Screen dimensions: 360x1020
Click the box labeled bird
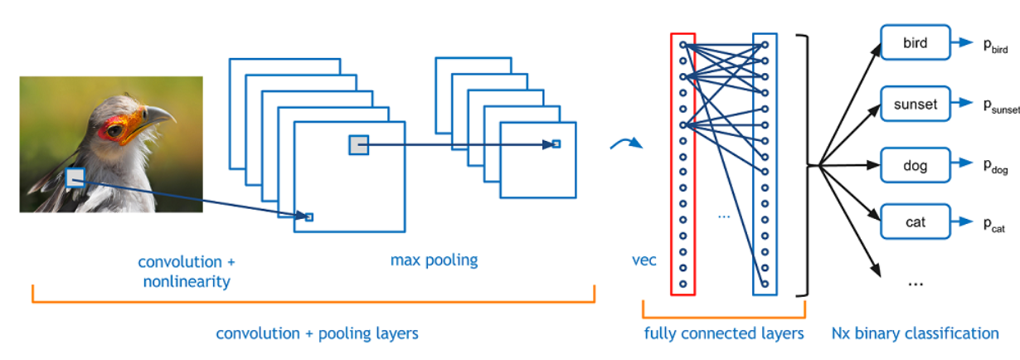(x=915, y=43)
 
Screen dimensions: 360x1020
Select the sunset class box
(x=915, y=105)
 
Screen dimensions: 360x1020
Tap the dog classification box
(x=915, y=165)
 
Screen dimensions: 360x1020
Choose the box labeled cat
(x=915, y=221)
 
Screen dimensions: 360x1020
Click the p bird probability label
(x=995, y=46)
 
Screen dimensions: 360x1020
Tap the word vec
(x=644, y=260)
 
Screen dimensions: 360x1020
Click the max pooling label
(x=434, y=260)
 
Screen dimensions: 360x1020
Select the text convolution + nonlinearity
(x=185, y=271)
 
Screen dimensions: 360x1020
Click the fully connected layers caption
(x=723, y=333)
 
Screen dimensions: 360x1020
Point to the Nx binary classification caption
(x=915, y=333)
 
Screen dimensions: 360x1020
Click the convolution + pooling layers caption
(x=317, y=333)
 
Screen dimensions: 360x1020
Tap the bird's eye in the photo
(x=115, y=128)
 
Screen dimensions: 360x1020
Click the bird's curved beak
(x=158, y=116)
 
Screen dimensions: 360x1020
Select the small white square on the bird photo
(x=75, y=177)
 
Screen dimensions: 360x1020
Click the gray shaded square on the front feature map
(x=358, y=144)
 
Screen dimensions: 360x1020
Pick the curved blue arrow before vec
(x=626, y=144)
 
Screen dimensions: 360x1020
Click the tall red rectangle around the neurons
(x=682, y=165)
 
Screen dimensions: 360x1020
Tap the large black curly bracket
(x=804, y=165)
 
